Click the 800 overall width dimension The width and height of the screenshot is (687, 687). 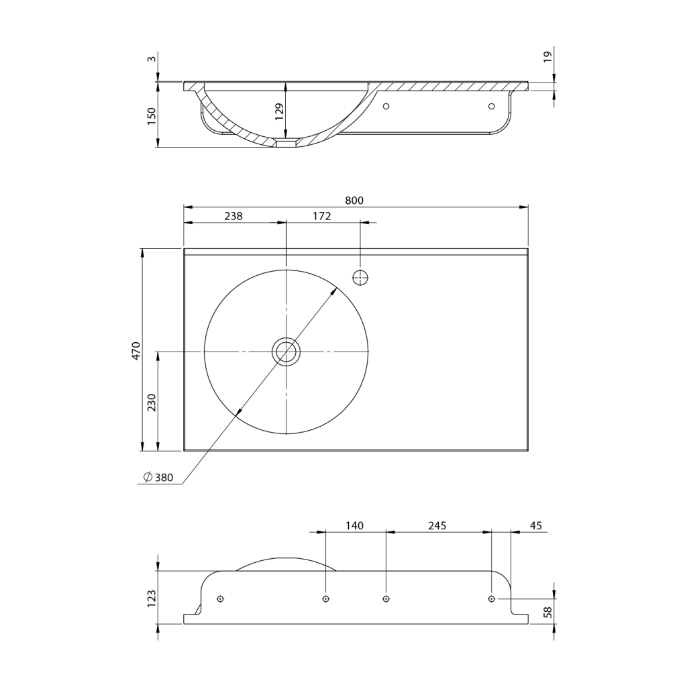point(354,200)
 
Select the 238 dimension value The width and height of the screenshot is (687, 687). point(233,216)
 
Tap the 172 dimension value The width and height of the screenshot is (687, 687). point(322,216)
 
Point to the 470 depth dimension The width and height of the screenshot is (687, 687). point(136,350)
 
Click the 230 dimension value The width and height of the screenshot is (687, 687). point(152,402)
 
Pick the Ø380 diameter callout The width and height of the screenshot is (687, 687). point(159,478)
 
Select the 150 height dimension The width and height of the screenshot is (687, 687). point(152,115)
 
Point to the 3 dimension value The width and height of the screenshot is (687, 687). point(152,59)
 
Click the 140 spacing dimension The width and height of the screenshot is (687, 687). point(354,525)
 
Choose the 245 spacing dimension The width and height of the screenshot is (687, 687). point(437,525)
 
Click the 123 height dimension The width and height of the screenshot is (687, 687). point(152,597)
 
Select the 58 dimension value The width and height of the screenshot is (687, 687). point(548,611)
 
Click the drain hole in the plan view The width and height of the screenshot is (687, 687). point(286,351)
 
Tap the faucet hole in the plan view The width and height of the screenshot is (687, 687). point(360,276)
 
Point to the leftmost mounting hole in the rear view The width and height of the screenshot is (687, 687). point(220,598)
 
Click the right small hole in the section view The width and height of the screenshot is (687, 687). point(491,106)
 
